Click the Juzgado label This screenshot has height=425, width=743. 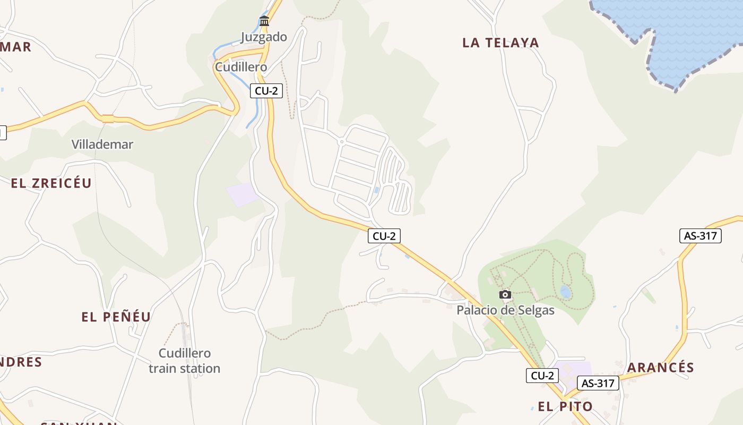click(x=264, y=37)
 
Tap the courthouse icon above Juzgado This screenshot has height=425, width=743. click(x=264, y=21)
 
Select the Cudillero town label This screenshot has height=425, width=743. click(x=240, y=67)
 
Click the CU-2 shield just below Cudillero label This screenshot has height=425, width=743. click(x=266, y=91)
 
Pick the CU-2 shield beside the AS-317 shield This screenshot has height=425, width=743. click(x=542, y=376)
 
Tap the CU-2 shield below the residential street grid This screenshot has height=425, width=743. click(x=384, y=236)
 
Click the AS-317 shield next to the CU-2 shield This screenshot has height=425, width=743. click(x=598, y=383)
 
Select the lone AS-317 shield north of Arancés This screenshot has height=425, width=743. click(x=701, y=236)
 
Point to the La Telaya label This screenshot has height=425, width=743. click(x=500, y=43)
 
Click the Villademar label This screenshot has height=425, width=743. click(x=102, y=144)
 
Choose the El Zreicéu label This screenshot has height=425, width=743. click(x=51, y=183)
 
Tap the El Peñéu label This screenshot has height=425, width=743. click(x=116, y=317)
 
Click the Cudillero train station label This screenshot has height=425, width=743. click(x=184, y=361)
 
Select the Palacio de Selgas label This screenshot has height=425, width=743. click(x=505, y=310)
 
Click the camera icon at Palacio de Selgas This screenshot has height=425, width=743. click(x=505, y=294)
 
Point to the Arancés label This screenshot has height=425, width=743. click(x=661, y=368)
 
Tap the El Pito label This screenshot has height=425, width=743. click(x=565, y=407)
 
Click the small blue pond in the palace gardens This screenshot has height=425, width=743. click(x=566, y=292)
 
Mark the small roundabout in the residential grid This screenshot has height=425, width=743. click(x=342, y=142)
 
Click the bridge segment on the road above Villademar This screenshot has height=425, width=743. click(x=108, y=118)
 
